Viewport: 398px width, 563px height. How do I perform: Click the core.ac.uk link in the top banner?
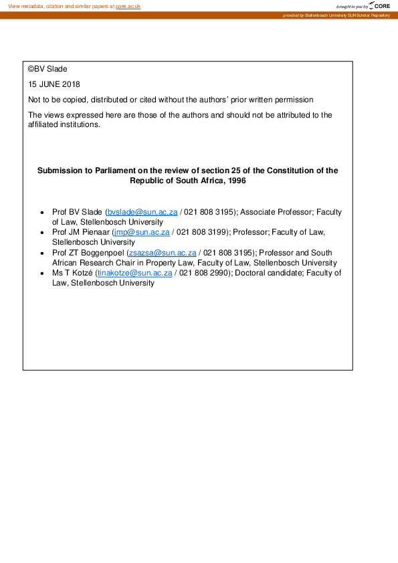click(128, 6)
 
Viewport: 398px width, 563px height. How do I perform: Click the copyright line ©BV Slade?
click(47, 69)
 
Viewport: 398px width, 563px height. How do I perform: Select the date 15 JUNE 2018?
click(54, 84)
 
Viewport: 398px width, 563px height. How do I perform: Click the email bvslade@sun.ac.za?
click(142, 212)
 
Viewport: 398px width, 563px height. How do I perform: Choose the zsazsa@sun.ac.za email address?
click(161, 253)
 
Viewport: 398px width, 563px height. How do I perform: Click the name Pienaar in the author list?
click(96, 232)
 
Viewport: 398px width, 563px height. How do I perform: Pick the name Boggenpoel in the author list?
click(103, 253)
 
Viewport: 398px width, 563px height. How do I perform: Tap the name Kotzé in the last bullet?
click(81, 273)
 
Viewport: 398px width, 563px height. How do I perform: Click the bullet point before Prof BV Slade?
click(43, 213)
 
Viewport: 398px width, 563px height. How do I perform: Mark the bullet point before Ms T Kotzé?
click(43, 273)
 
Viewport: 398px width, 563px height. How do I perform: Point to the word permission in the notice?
click(293, 100)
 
